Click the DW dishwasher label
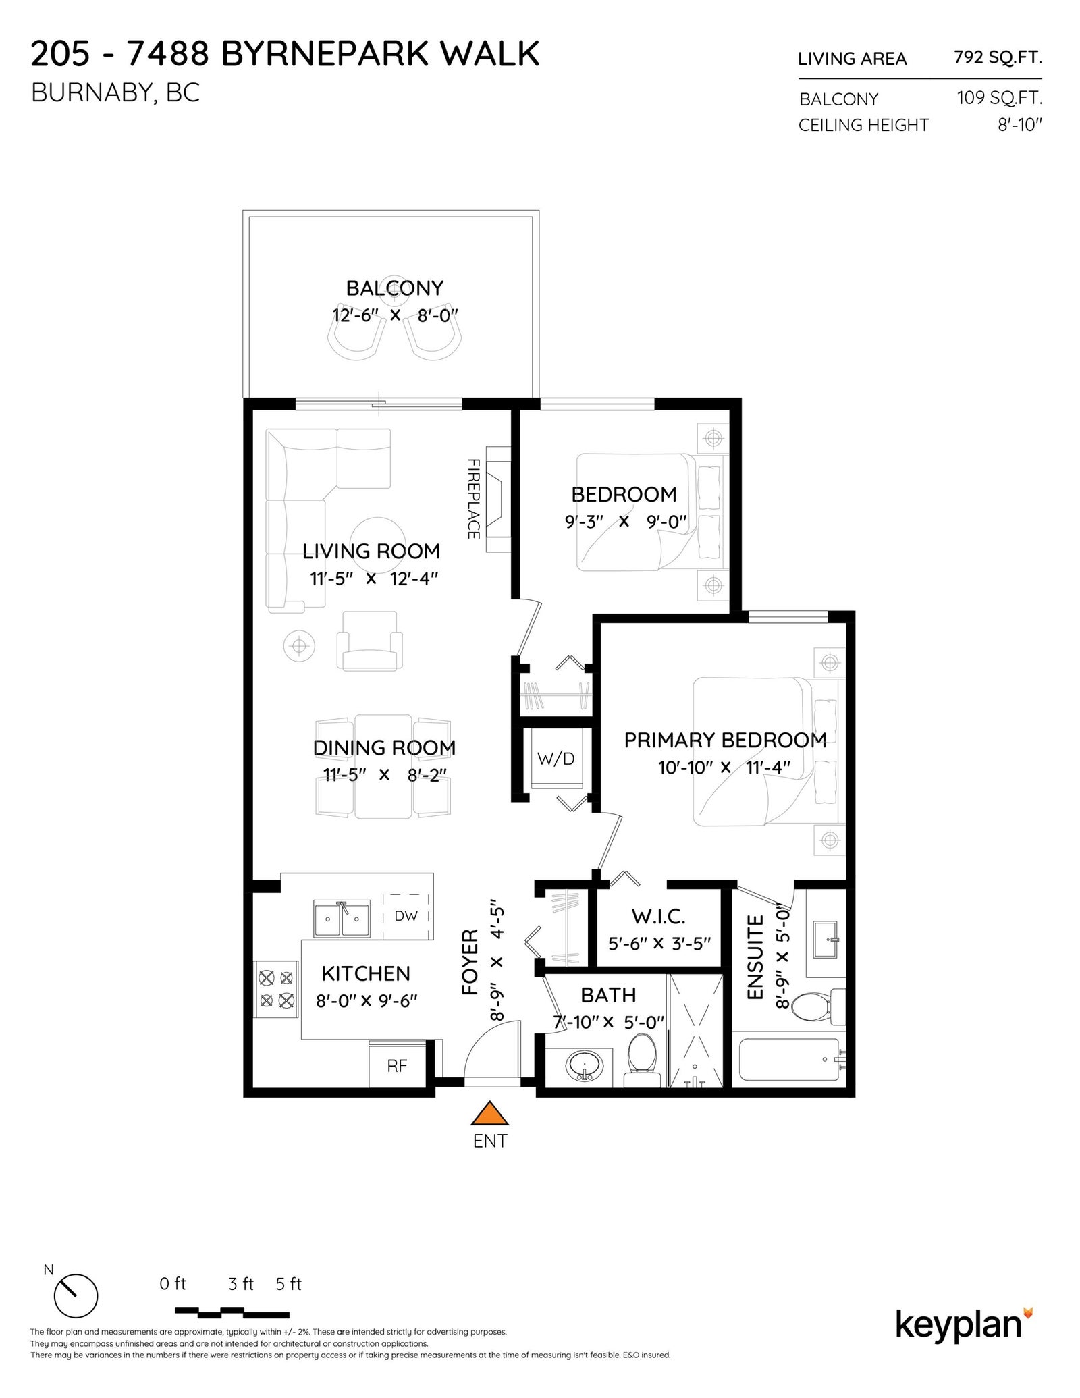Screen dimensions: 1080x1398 pyautogui.click(x=406, y=916)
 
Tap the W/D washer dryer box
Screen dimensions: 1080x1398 pyautogui.click(x=556, y=758)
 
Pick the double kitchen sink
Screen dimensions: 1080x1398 pyautogui.click(x=342, y=918)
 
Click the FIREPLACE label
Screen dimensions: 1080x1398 pyautogui.click(x=473, y=499)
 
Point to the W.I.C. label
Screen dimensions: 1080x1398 pyautogui.click(x=658, y=917)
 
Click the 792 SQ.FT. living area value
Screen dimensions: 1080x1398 pyautogui.click(x=998, y=57)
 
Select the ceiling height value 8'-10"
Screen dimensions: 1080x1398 pyautogui.click(x=1020, y=125)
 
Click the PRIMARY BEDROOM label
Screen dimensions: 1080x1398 pyautogui.click(x=725, y=740)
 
